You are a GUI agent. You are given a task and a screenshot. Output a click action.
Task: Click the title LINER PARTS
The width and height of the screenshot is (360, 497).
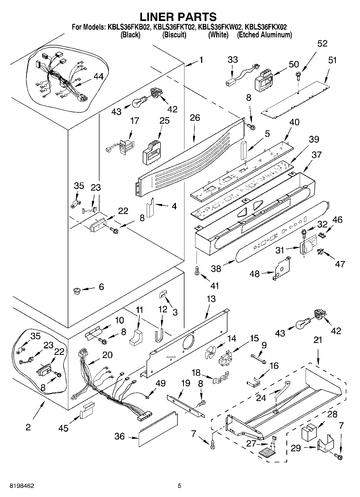coord(178,17)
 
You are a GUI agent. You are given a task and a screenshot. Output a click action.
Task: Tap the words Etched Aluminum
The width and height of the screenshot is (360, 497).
coord(264,35)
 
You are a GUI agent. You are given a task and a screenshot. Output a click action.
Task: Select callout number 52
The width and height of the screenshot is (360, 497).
coord(322,44)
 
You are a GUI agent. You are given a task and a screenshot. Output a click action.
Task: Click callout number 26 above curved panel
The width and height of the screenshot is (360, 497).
coord(195,118)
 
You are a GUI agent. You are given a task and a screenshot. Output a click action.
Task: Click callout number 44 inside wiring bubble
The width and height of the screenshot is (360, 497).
coord(98,77)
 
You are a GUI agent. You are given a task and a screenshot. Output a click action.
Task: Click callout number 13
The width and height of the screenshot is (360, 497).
coord(211,299)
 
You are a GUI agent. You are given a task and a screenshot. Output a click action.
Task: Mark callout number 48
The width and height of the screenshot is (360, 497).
coord(255,274)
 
